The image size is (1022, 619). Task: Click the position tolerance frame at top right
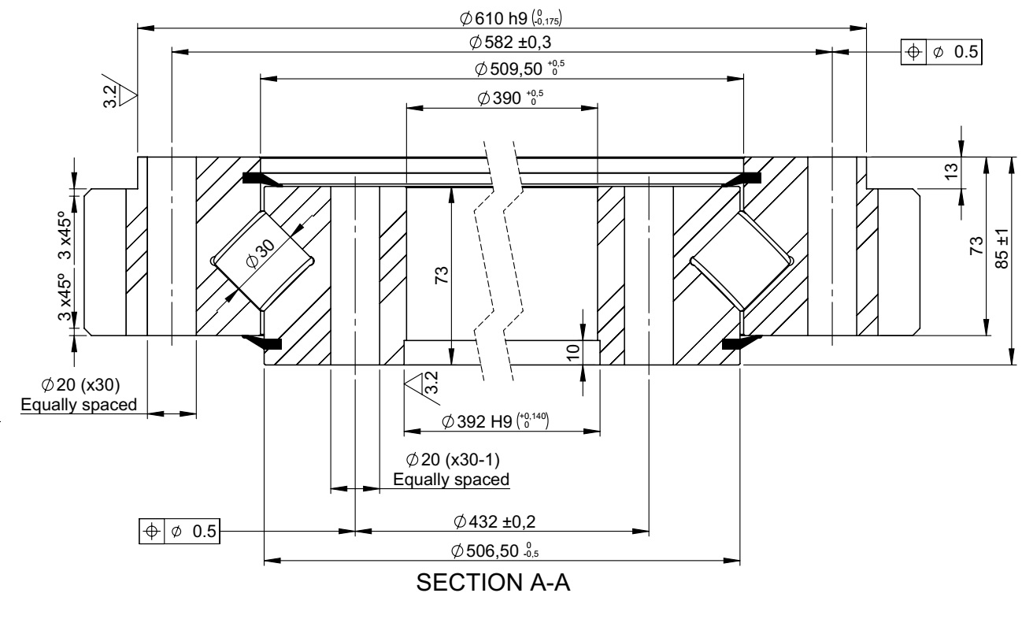[942, 52]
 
